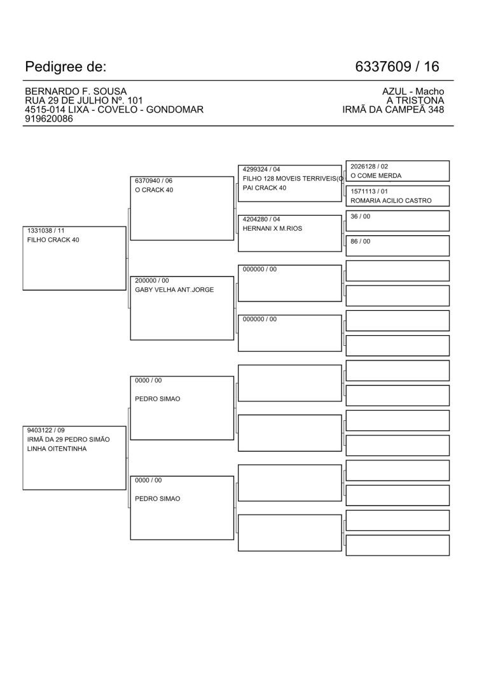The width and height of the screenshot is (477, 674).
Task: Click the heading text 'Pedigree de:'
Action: pos(66,67)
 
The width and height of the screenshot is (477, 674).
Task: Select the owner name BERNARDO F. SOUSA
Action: pos(71,92)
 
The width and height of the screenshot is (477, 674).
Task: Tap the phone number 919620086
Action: pos(48,118)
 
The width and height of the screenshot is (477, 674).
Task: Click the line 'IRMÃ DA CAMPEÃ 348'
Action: pos(393,109)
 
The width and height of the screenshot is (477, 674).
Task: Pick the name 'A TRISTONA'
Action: pos(415,100)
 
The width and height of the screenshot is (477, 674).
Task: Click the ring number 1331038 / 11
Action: pos(46,231)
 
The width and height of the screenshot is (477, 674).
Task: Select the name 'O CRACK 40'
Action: pos(154,190)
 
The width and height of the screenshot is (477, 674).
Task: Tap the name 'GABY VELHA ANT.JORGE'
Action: pos(174,290)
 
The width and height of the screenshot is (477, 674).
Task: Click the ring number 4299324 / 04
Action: pos(261,169)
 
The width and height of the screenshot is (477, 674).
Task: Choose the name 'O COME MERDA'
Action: pos(376,176)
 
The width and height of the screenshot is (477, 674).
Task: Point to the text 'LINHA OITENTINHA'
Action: pos(56,449)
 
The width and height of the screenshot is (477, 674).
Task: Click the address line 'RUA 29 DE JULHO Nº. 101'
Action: pos(83,100)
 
